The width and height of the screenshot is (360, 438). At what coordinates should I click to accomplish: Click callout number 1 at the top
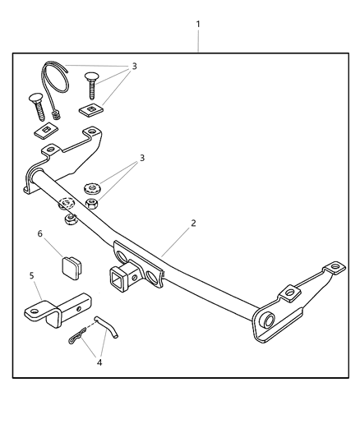[197, 25]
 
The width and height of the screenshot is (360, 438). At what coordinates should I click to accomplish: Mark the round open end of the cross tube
[268, 320]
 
